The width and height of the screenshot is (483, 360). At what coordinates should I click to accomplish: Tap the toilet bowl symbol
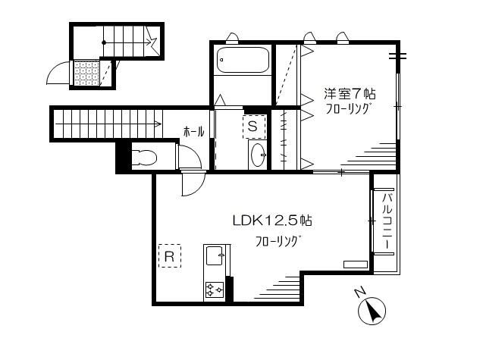point(144,158)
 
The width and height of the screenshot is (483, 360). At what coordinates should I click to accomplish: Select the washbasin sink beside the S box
point(258,154)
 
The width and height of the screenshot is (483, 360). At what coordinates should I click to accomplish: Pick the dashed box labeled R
point(169,257)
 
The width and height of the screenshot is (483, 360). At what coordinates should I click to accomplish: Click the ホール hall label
point(193,132)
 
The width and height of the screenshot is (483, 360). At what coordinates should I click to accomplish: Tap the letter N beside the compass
point(360,293)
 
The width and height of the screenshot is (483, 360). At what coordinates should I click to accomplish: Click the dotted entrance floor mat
point(86,73)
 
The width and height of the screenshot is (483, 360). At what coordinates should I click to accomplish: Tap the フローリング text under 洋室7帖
point(348,110)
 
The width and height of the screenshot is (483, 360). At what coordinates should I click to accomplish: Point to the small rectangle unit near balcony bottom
point(355,264)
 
